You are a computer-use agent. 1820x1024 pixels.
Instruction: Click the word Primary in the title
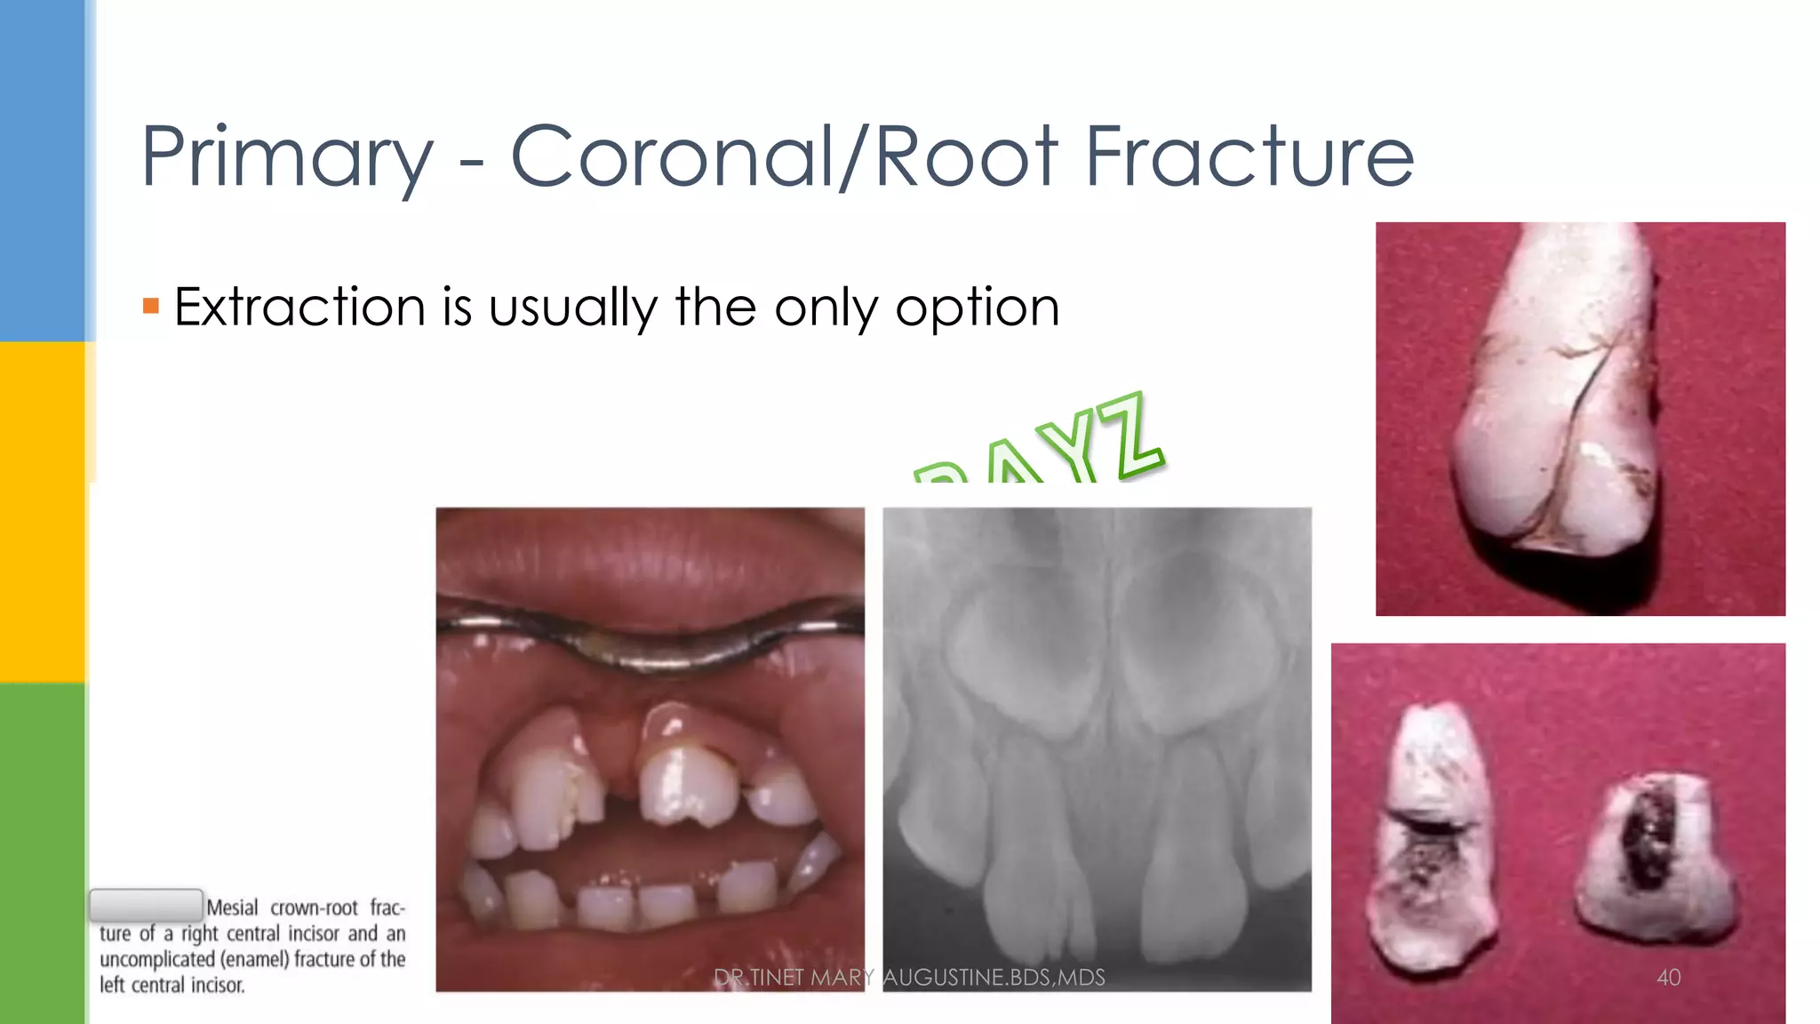[x=286, y=158]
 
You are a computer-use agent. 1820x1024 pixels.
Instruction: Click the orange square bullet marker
[x=151, y=307]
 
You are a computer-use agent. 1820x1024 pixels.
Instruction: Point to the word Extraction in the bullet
[x=299, y=308]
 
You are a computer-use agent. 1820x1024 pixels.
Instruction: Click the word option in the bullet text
[x=977, y=308]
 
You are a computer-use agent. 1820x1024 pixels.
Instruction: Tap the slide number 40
[x=1668, y=978]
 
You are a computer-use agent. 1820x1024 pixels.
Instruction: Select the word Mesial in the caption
[x=232, y=908]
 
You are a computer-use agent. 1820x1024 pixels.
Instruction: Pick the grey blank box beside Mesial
[x=146, y=905]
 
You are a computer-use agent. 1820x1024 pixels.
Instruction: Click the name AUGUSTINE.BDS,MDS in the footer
[x=994, y=978]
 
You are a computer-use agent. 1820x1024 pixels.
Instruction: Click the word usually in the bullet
[x=573, y=308]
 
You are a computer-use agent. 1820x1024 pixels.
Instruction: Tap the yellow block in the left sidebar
[x=43, y=511]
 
